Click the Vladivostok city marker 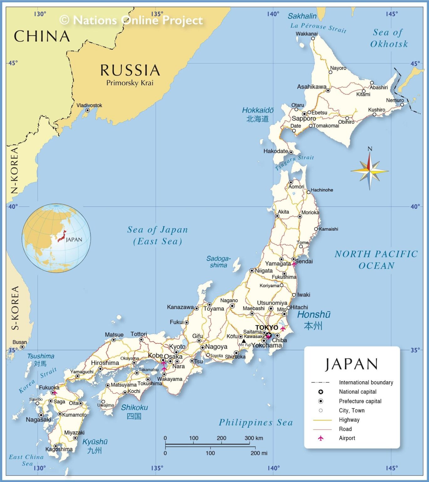tap(88, 110)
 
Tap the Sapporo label tap(304, 119)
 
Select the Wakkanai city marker tap(313, 39)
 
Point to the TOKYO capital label tap(266, 328)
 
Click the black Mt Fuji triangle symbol tap(244, 341)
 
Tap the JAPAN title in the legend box tap(351, 364)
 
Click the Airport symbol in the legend tap(321, 438)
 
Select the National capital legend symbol tap(321, 392)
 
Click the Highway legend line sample tap(322, 420)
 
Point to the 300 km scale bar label tap(254, 438)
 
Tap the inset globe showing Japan tap(56, 238)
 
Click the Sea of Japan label tap(158, 235)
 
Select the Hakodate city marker tap(291, 152)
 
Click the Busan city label tap(19, 342)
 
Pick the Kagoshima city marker tap(56, 446)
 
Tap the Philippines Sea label tap(256, 423)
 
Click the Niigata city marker tap(252, 270)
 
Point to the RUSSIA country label tap(130, 70)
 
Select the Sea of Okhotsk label tap(389, 38)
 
